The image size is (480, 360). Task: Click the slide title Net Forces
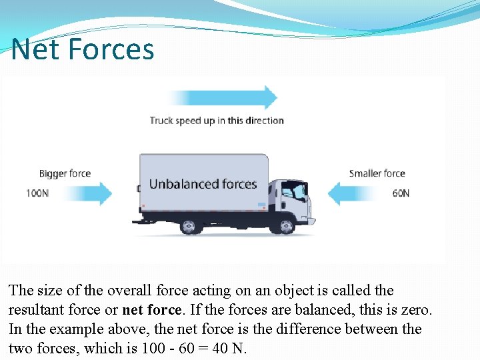point(83,49)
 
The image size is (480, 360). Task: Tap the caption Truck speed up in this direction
point(217,121)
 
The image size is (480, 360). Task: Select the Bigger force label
point(65,173)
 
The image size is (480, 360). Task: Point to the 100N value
point(37,193)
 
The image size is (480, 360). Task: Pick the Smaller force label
point(377,173)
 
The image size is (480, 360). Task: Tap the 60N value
point(401,193)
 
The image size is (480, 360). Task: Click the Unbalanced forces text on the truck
point(203,183)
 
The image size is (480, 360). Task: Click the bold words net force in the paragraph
point(151,310)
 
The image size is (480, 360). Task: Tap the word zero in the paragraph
point(417,310)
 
